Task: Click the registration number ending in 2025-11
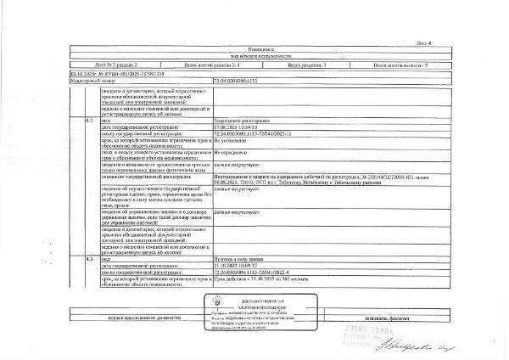254,134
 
